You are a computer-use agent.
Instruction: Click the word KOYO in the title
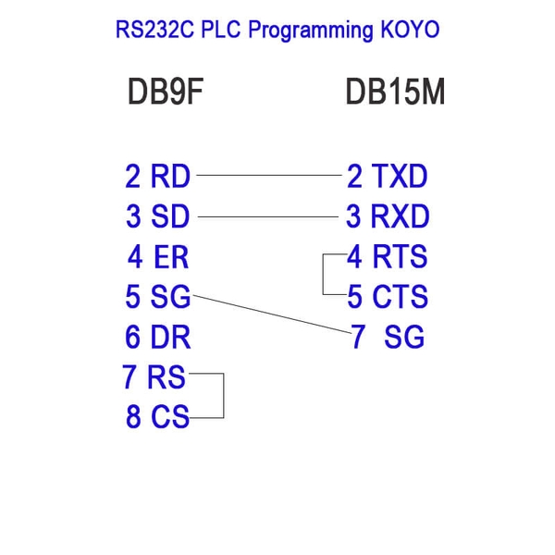coord(409,30)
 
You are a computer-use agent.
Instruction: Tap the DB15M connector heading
coord(395,92)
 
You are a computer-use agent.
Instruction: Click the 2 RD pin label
coord(158,175)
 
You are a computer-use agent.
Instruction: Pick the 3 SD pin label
coord(158,216)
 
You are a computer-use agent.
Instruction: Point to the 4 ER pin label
coord(158,256)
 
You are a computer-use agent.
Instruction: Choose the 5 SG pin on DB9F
coord(158,297)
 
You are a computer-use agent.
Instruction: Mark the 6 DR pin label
coord(158,338)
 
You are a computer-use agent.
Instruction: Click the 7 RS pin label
coord(154,377)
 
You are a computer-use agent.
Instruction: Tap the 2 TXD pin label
coord(387,175)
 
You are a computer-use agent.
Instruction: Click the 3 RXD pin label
coord(388,216)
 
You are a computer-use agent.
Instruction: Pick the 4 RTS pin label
coord(388,256)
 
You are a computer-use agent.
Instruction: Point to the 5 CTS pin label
coord(388,297)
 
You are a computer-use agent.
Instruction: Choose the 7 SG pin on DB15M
coord(388,338)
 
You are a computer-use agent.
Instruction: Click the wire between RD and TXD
coord(268,174)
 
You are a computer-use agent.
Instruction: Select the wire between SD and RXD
coord(268,216)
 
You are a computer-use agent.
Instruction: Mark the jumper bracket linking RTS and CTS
coord(323,275)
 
